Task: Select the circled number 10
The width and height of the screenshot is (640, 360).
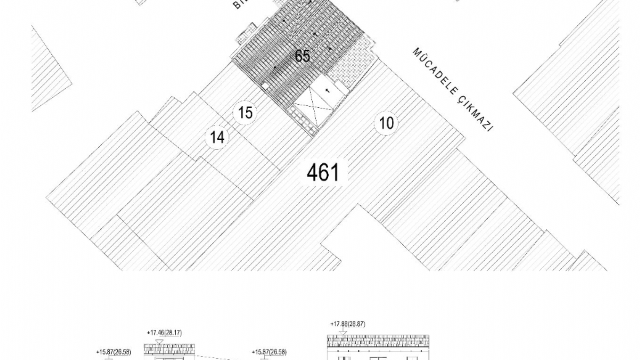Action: (386, 123)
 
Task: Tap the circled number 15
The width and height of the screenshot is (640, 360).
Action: (246, 113)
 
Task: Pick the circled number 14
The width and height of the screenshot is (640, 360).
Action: (217, 138)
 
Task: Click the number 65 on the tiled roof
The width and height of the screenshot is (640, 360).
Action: (303, 56)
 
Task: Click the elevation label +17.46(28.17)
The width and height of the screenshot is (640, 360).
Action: (164, 333)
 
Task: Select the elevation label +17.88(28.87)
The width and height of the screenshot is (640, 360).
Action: (347, 324)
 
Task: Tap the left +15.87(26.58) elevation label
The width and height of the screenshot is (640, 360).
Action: (113, 352)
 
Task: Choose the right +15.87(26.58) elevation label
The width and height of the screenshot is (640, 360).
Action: (269, 352)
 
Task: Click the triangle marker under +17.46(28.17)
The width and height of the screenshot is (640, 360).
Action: (159, 341)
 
